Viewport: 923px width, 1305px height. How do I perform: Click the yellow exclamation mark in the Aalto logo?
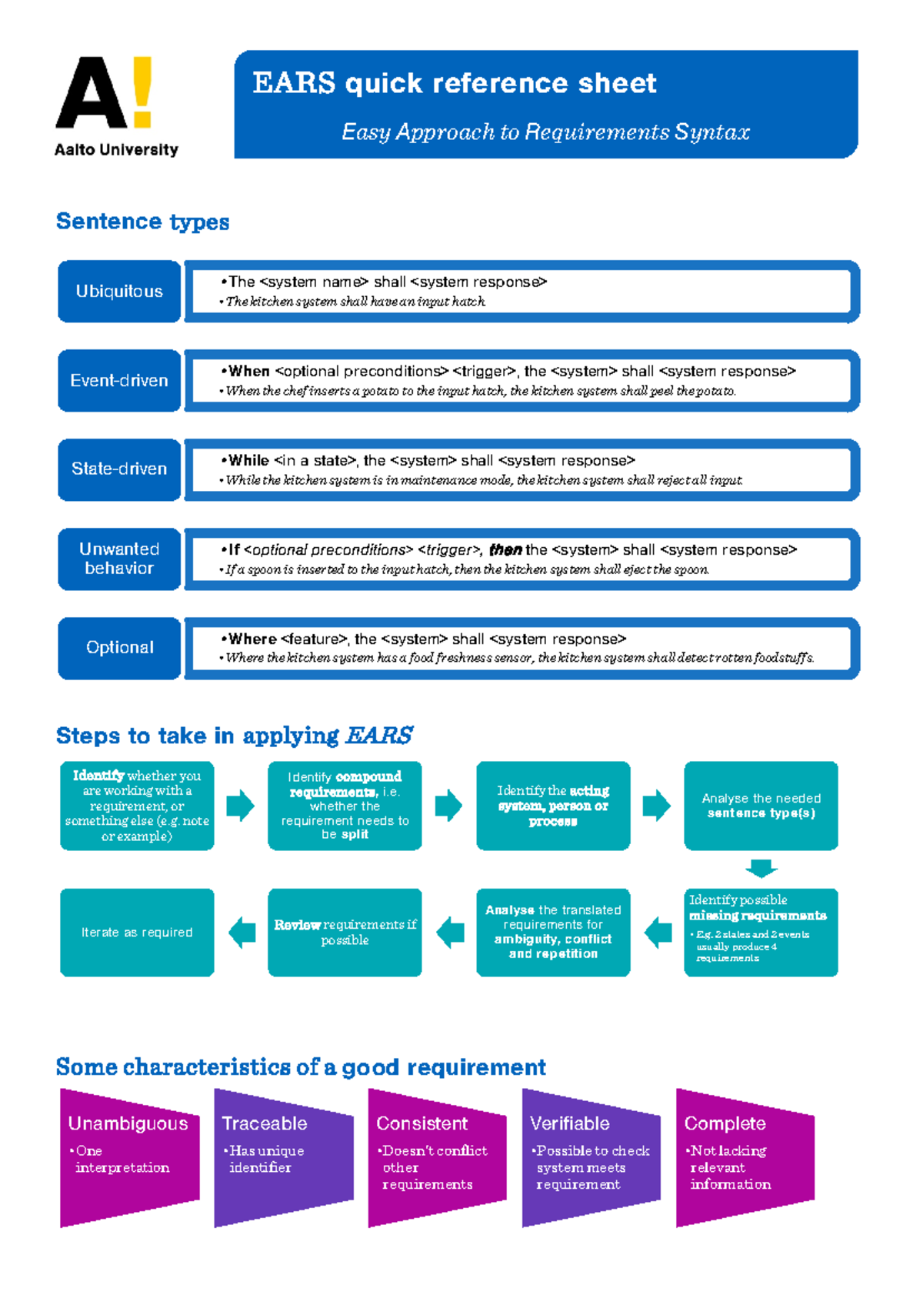pos(142,91)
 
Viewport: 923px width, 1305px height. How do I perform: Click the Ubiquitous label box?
pos(119,291)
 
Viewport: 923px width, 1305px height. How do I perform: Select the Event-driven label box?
pos(119,380)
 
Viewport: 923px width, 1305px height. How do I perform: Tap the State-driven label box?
pos(119,469)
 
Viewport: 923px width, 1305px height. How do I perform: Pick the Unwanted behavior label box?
pos(119,559)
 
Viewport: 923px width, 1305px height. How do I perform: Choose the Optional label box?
pos(119,647)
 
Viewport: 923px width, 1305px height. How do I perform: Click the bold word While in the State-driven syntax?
pos(248,460)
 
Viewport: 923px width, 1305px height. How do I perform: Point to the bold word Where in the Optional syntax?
pos(252,639)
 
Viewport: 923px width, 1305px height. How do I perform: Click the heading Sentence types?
pos(142,222)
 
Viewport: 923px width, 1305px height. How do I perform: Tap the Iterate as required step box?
pos(137,932)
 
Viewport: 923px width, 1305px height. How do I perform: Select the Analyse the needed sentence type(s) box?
pos(761,806)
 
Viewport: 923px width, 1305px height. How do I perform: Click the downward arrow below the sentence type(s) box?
pos(761,869)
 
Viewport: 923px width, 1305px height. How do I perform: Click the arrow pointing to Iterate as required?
pos(242,932)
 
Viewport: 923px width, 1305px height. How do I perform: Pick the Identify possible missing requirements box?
pos(761,932)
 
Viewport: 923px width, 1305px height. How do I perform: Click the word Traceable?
pos(265,1123)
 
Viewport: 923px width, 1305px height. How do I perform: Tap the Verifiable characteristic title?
pos(570,1123)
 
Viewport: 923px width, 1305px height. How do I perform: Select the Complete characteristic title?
pos(725,1123)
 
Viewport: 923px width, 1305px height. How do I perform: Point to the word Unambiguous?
pos(128,1123)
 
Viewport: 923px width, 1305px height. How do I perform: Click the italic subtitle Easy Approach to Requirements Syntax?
pos(545,132)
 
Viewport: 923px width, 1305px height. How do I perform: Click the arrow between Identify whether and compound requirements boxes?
pos(240,806)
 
